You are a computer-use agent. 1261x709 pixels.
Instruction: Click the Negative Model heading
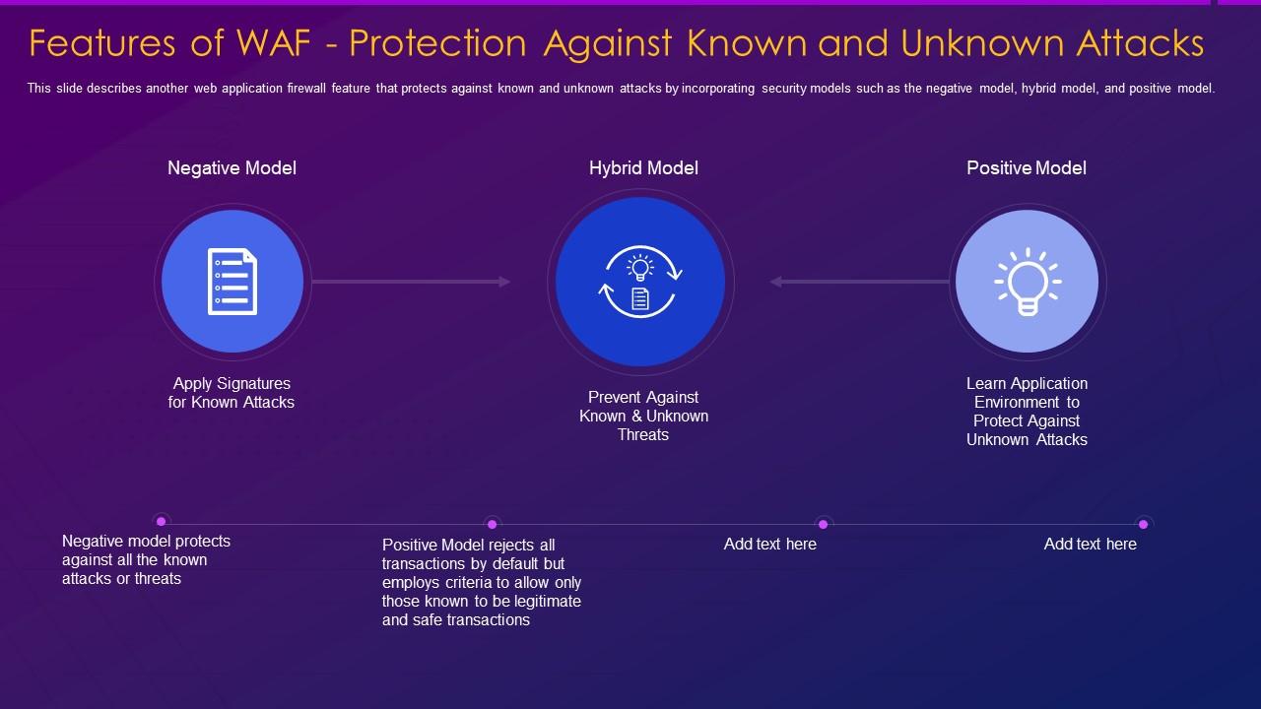coord(232,168)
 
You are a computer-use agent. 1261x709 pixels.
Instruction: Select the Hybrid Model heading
coord(643,168)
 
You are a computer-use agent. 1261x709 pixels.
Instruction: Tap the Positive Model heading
coord(1026,168)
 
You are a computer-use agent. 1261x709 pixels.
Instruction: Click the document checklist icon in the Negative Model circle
coord(232,282)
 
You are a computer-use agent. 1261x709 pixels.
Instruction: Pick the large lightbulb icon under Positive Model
coord(1027,281)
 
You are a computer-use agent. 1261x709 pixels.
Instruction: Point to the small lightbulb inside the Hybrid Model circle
coord(640,267)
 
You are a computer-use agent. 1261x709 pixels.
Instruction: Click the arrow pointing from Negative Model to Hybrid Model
coord(411,282)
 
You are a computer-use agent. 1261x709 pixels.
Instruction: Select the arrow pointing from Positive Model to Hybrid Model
coord(860,282)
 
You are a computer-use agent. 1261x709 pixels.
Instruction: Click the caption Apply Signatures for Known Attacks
coord(232,393)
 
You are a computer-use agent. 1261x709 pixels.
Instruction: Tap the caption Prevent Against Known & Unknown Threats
coord(643,416)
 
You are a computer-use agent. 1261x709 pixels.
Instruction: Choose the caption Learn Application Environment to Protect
coord(1027,412)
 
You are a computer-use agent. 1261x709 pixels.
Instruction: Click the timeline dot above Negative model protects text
coord(162,521)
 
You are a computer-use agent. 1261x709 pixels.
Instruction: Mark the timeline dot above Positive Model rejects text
coord(493,524)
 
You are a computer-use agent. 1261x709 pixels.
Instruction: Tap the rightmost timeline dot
coord(1143,524)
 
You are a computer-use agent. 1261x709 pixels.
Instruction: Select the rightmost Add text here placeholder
coord(1090,544)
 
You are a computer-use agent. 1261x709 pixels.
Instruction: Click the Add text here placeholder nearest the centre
coord(769,544)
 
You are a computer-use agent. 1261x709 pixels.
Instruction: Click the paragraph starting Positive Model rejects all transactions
coord(481,582)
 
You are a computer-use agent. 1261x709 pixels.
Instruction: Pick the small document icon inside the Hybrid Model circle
coord(640,298)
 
